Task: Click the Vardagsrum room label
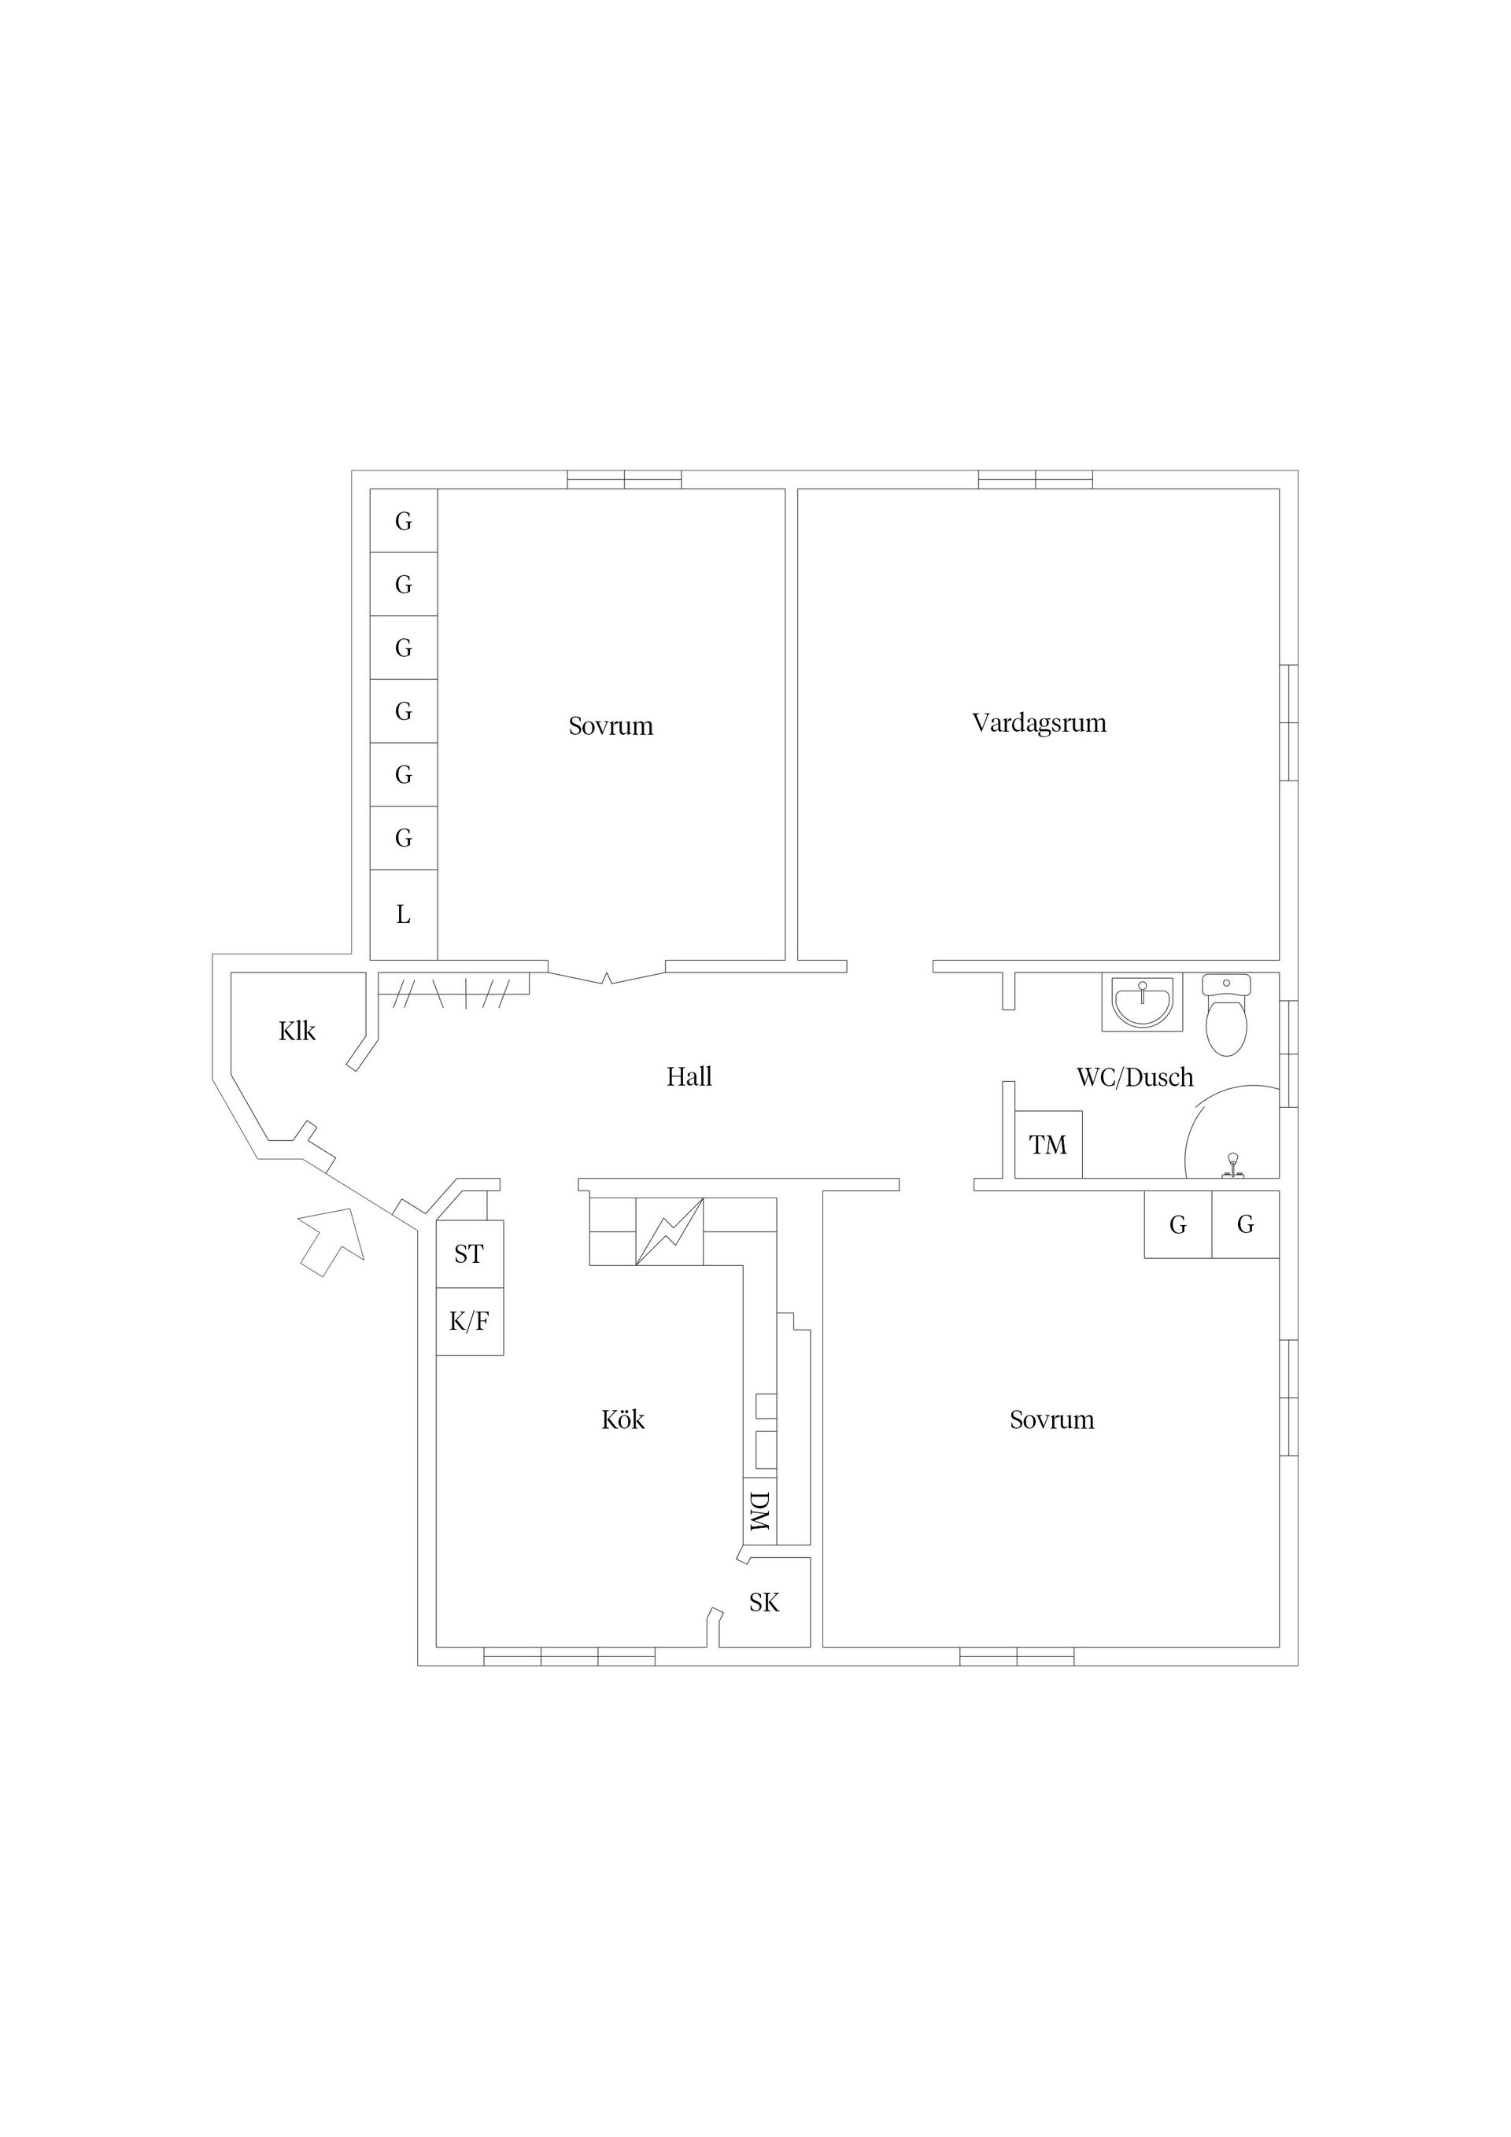tap(1039, 723)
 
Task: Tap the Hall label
tap(689, 1077)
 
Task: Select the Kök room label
tap(623, 1419)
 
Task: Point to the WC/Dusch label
tap(1135, 1077)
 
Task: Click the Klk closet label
tap(297, 1031)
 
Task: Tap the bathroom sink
tap(1143, 1002)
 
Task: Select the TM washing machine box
tap(1048, 1145)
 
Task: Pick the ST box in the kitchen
tap(470, 1253)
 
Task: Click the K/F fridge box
tap(470, 1322)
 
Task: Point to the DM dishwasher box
tap(759, 1511)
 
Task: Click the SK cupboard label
tap(764, 1602)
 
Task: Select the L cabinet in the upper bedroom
tap(404, 914)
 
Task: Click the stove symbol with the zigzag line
tap(670, 1231)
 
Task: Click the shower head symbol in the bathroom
tap(1232, 1165)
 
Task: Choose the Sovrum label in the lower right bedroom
tap(1052, 1419)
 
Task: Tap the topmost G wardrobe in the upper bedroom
tap(404, 520)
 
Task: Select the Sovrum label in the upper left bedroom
tap(611, 726)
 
